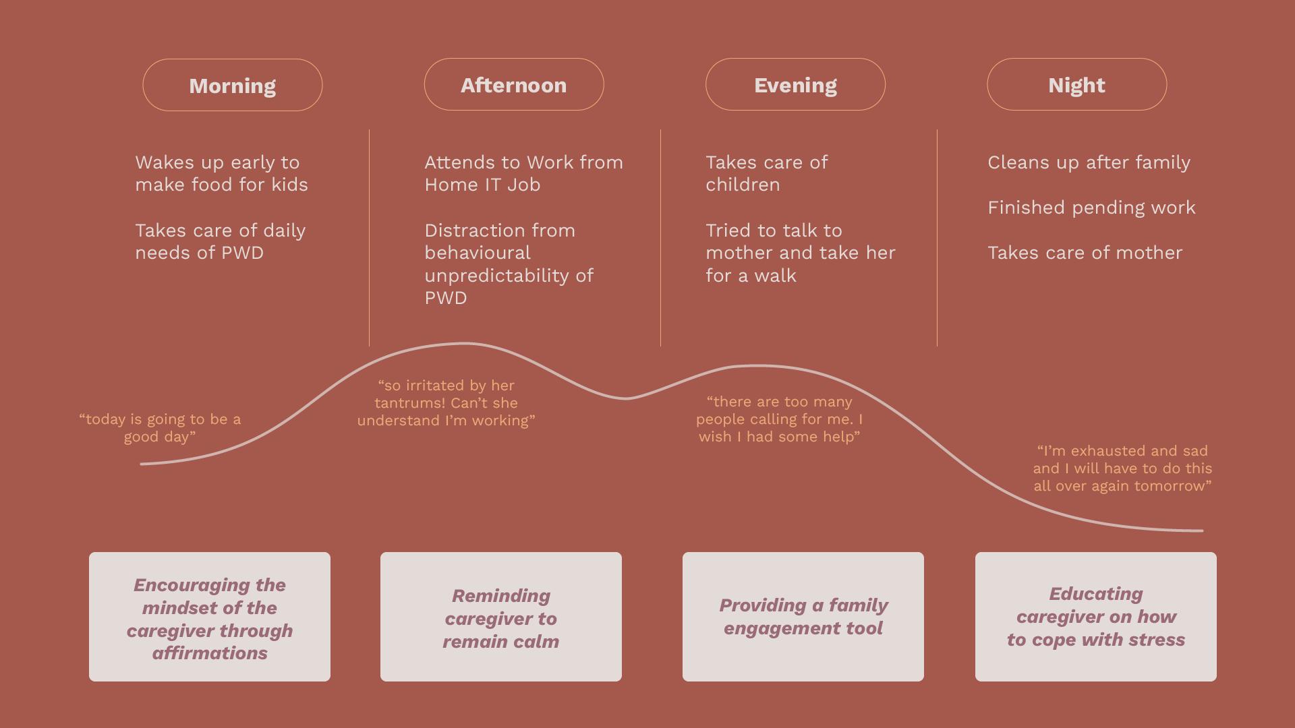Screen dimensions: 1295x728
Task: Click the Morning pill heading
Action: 233,86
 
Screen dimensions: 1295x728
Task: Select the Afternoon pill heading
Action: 514,85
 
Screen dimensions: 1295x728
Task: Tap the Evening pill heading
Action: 795,85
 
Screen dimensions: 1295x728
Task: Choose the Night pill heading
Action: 1076,85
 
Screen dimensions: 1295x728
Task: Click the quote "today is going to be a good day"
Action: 160,428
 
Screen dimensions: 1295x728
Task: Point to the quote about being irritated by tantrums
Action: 446,403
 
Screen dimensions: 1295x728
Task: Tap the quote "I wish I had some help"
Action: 779,419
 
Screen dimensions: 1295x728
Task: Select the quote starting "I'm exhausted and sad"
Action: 1122,468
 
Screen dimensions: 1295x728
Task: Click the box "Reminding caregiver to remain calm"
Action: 501,617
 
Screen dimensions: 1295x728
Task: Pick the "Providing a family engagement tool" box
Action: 803,617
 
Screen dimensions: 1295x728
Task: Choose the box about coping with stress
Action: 1096,617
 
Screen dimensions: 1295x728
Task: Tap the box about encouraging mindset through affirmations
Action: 210,617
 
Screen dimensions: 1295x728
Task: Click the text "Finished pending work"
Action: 1091,208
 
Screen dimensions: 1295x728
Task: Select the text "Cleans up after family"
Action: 1089,162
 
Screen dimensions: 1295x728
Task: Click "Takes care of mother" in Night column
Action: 1085,253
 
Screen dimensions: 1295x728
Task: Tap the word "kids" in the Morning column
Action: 289,185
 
